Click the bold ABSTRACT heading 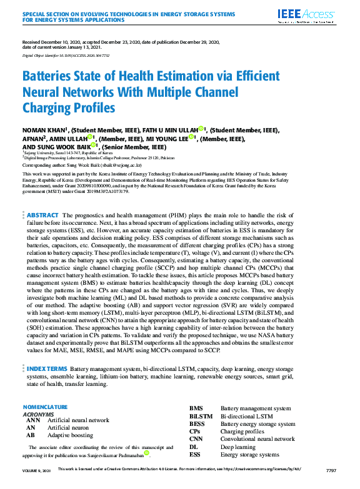(42, 215)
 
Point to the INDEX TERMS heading (47, 369)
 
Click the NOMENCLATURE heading (44, 407)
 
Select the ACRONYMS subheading (38, 414)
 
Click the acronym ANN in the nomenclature (32, 420)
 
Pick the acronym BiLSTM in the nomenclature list (201, 416)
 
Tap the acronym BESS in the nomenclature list (197, 424)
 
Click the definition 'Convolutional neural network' (257, 439)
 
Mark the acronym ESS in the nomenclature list (196, 455)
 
